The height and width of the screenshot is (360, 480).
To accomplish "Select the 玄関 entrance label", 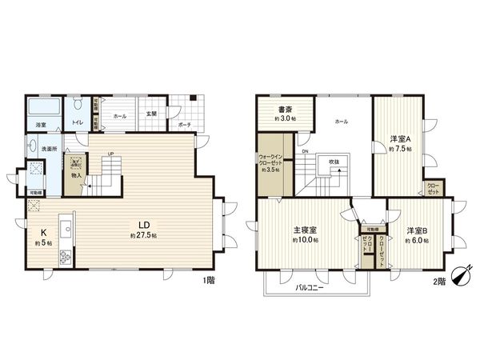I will (151, 115).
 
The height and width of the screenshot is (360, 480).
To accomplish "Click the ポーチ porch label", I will (184, 125).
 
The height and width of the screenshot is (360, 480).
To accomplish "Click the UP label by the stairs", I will (110, 154).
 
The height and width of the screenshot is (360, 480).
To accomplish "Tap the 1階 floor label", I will (209, 280).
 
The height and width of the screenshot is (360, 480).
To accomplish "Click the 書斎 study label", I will (284, 110).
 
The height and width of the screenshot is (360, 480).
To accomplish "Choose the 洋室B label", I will (416, 230).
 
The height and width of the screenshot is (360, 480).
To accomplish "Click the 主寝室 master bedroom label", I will (305, 230).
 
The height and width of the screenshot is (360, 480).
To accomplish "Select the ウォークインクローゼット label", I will (272, 160).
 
